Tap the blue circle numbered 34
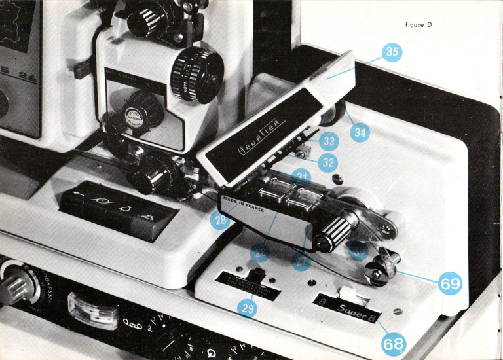360,132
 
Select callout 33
329,140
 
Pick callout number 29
247,307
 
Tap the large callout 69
450,283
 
